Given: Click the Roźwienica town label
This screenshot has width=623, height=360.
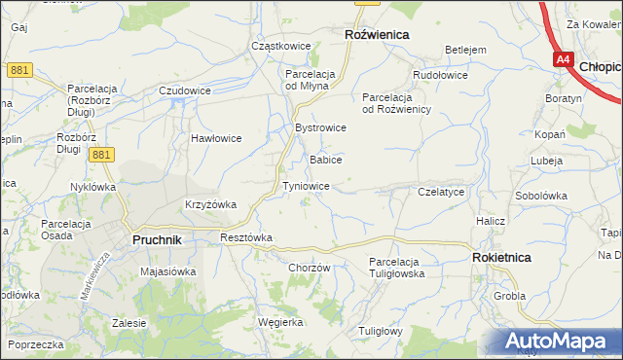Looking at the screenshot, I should (377, 34).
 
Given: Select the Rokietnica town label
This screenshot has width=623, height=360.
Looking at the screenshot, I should (501, 258).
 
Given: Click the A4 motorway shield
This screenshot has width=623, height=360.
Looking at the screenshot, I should (564, 60).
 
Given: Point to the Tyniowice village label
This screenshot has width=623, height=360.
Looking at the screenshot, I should (311, 185).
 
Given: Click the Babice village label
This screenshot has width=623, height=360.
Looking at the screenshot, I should (325, 159).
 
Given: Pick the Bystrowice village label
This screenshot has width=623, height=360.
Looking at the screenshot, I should (320, 127).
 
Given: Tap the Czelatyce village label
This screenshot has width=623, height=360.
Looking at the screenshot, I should (440, 193).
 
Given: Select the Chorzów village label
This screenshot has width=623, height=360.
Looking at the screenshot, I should (311, 269).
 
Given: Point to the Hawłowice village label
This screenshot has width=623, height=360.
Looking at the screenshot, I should (215, 138).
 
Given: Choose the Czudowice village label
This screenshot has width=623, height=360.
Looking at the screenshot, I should (185, 90).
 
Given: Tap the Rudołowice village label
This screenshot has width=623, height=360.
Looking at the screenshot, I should (440, 75).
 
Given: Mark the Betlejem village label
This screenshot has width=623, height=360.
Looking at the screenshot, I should (464, 50).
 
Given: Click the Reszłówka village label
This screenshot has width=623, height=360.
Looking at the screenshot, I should (246, 237).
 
